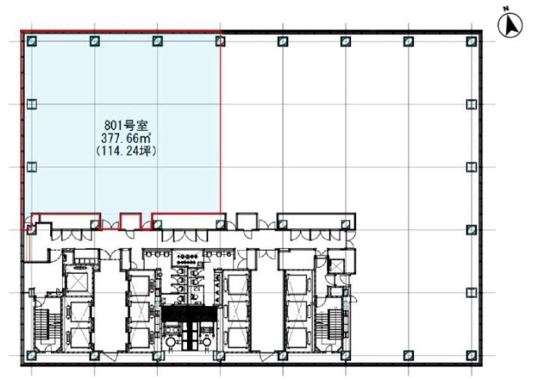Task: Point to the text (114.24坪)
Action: tap(125, 150)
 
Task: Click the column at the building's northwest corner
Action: tap(31, 41)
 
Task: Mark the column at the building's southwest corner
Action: tap(31, 352)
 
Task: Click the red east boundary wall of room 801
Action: tap(221, 128)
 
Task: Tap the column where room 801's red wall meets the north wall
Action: tap(221, 40)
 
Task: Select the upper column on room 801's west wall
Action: tap(31, 104)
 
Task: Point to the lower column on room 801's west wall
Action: tap(31, 167)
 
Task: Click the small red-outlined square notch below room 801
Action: tap(129, 221)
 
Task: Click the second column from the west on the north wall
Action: tap(94, 41)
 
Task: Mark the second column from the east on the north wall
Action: tap(408, 41)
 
